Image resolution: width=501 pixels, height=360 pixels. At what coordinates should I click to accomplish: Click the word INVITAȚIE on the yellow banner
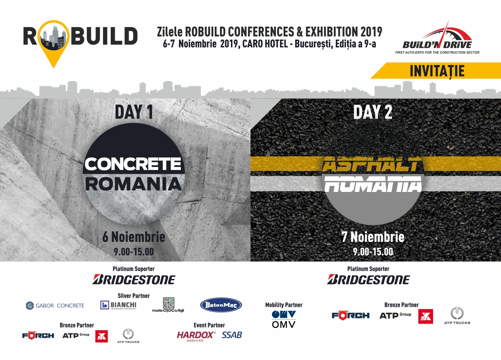coord(437,71)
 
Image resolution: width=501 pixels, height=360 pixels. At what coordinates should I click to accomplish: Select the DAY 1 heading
coord(134,112)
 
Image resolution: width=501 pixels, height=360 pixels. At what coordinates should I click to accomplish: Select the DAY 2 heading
coord(373,112)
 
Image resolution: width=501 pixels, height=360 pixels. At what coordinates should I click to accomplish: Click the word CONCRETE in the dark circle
coord(133,164)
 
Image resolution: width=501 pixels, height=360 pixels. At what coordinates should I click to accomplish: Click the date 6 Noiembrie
coord(134,237)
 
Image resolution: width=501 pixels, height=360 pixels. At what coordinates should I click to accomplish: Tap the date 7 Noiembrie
coord(373,237)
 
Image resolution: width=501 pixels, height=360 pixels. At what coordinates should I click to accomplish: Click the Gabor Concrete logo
coord(55,306)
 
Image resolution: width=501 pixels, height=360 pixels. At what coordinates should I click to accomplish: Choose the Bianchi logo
coord(118,305)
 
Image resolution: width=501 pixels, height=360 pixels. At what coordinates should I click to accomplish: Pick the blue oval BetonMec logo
coord(221,305)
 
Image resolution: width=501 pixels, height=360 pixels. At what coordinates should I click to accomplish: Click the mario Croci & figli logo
coord(168,305)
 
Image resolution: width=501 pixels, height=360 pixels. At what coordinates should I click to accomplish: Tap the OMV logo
coord(284,319)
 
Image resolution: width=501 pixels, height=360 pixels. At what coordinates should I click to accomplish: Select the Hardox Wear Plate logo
coord(196,336)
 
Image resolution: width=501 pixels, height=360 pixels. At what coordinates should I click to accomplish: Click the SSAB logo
coord(232,335)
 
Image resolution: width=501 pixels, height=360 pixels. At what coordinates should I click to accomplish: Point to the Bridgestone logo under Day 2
coord(368,279)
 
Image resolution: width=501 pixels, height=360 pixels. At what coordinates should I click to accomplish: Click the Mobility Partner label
coord(284,305)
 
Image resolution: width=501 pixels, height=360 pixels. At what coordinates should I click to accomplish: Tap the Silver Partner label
coord(134,296)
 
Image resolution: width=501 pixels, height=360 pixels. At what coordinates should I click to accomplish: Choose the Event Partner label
coord(209,325)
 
